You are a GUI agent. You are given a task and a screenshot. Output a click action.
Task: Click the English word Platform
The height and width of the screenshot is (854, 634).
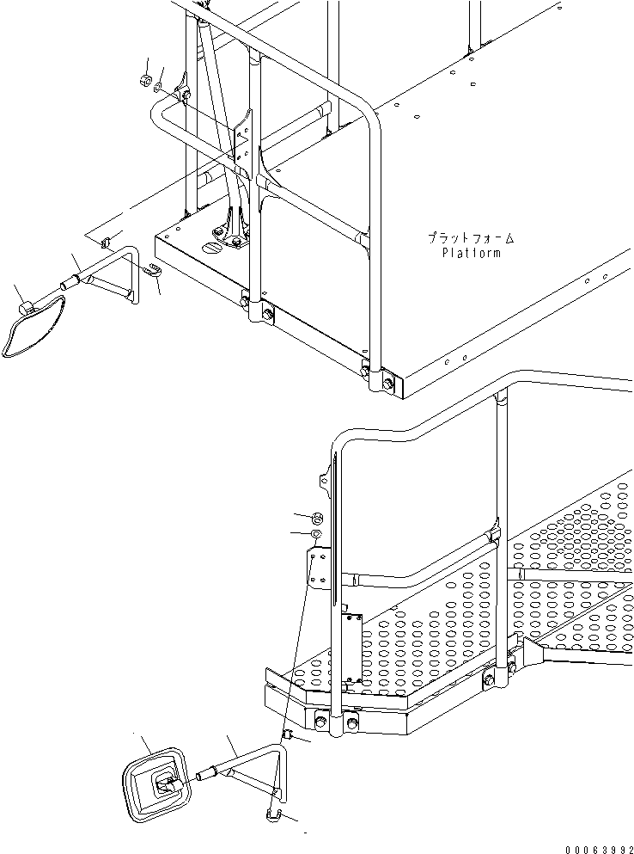[x=471, y=253]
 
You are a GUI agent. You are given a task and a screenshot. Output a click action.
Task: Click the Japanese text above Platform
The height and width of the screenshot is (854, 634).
[x=465, y=237]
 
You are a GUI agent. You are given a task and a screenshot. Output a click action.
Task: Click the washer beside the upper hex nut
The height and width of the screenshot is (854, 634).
[x=159, y=86]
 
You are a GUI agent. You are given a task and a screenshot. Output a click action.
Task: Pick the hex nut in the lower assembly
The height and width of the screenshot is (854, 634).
[x=316, y=518]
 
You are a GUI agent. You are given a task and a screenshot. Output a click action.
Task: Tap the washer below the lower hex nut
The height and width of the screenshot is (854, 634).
[x=316, y=535]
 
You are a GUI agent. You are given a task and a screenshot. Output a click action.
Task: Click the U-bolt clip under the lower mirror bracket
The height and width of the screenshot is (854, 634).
[x=276, y=813]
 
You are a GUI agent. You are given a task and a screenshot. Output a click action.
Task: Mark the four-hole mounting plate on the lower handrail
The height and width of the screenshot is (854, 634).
[x=319, y=570]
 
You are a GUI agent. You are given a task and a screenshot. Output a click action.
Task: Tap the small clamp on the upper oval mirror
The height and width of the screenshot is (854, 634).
[x=27, y=304]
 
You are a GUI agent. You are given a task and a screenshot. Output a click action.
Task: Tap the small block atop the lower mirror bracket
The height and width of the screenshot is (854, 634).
[x=288, y=735]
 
